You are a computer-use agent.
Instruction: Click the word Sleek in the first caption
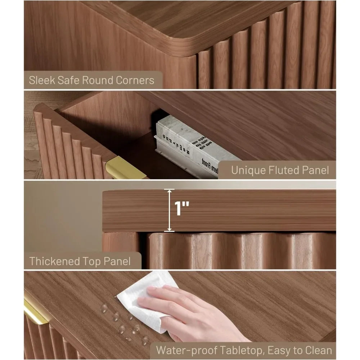click(x=42, y=80)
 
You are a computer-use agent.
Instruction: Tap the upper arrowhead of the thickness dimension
click(x=168, y=191)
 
